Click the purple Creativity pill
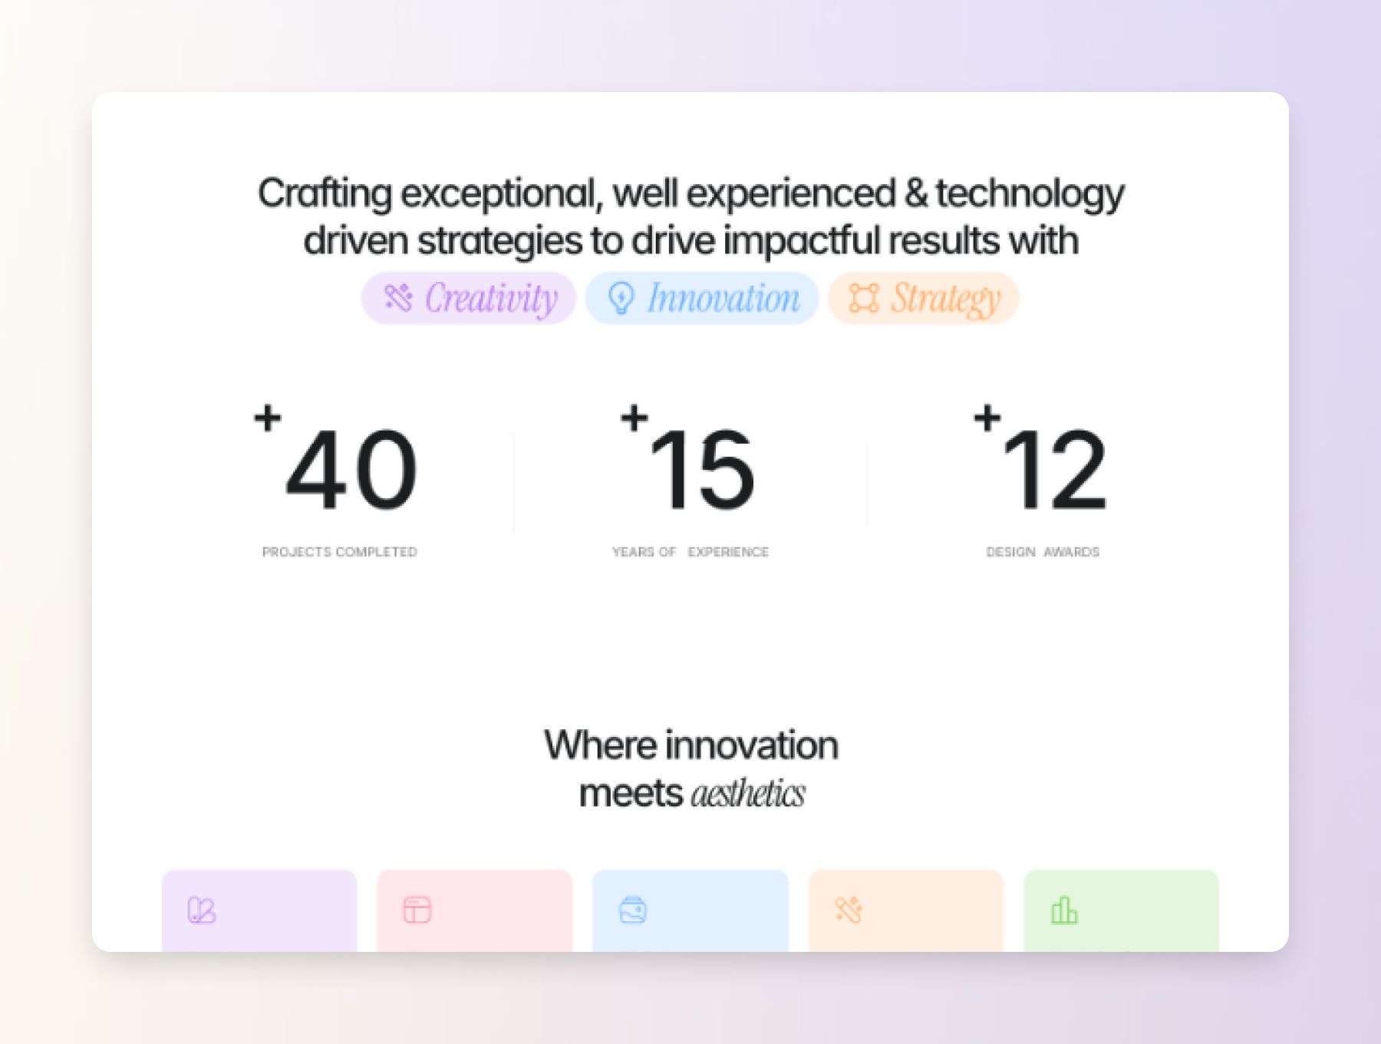(x=469, y=298)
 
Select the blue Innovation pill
(x=702, y=298)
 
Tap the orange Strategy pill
(x=924, y=298)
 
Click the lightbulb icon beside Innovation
(x=621, y=298)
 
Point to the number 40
(x=351, y=469)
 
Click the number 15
(x=702, y=469)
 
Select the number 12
(x=1054, y=469)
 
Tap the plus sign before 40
(x=268, y=418)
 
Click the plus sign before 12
(x=987, y=418)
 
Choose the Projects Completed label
(x=340, y=552)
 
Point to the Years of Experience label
(x=690, y=552)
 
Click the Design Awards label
(x=1043, y=552)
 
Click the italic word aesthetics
(x=748, y=793)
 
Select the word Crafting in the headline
(x=325, y=193)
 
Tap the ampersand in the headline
(x=915, y=193)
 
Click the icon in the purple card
(x=202, y=910)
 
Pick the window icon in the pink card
(x=417, y=910)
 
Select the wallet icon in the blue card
(x=633, y=910)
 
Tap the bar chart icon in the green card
(x=1064, y=910)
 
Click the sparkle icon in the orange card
(x=849, y=910)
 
